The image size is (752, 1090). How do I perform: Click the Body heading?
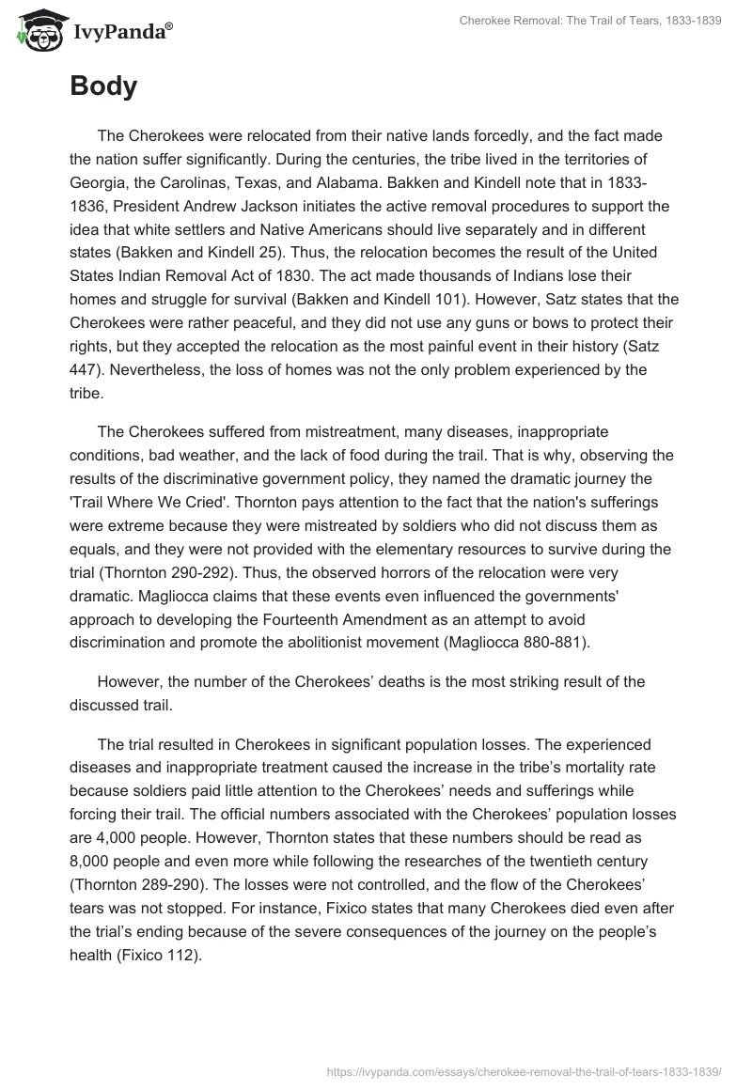point(103,87)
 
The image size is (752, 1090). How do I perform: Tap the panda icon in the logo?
point(37,31)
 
